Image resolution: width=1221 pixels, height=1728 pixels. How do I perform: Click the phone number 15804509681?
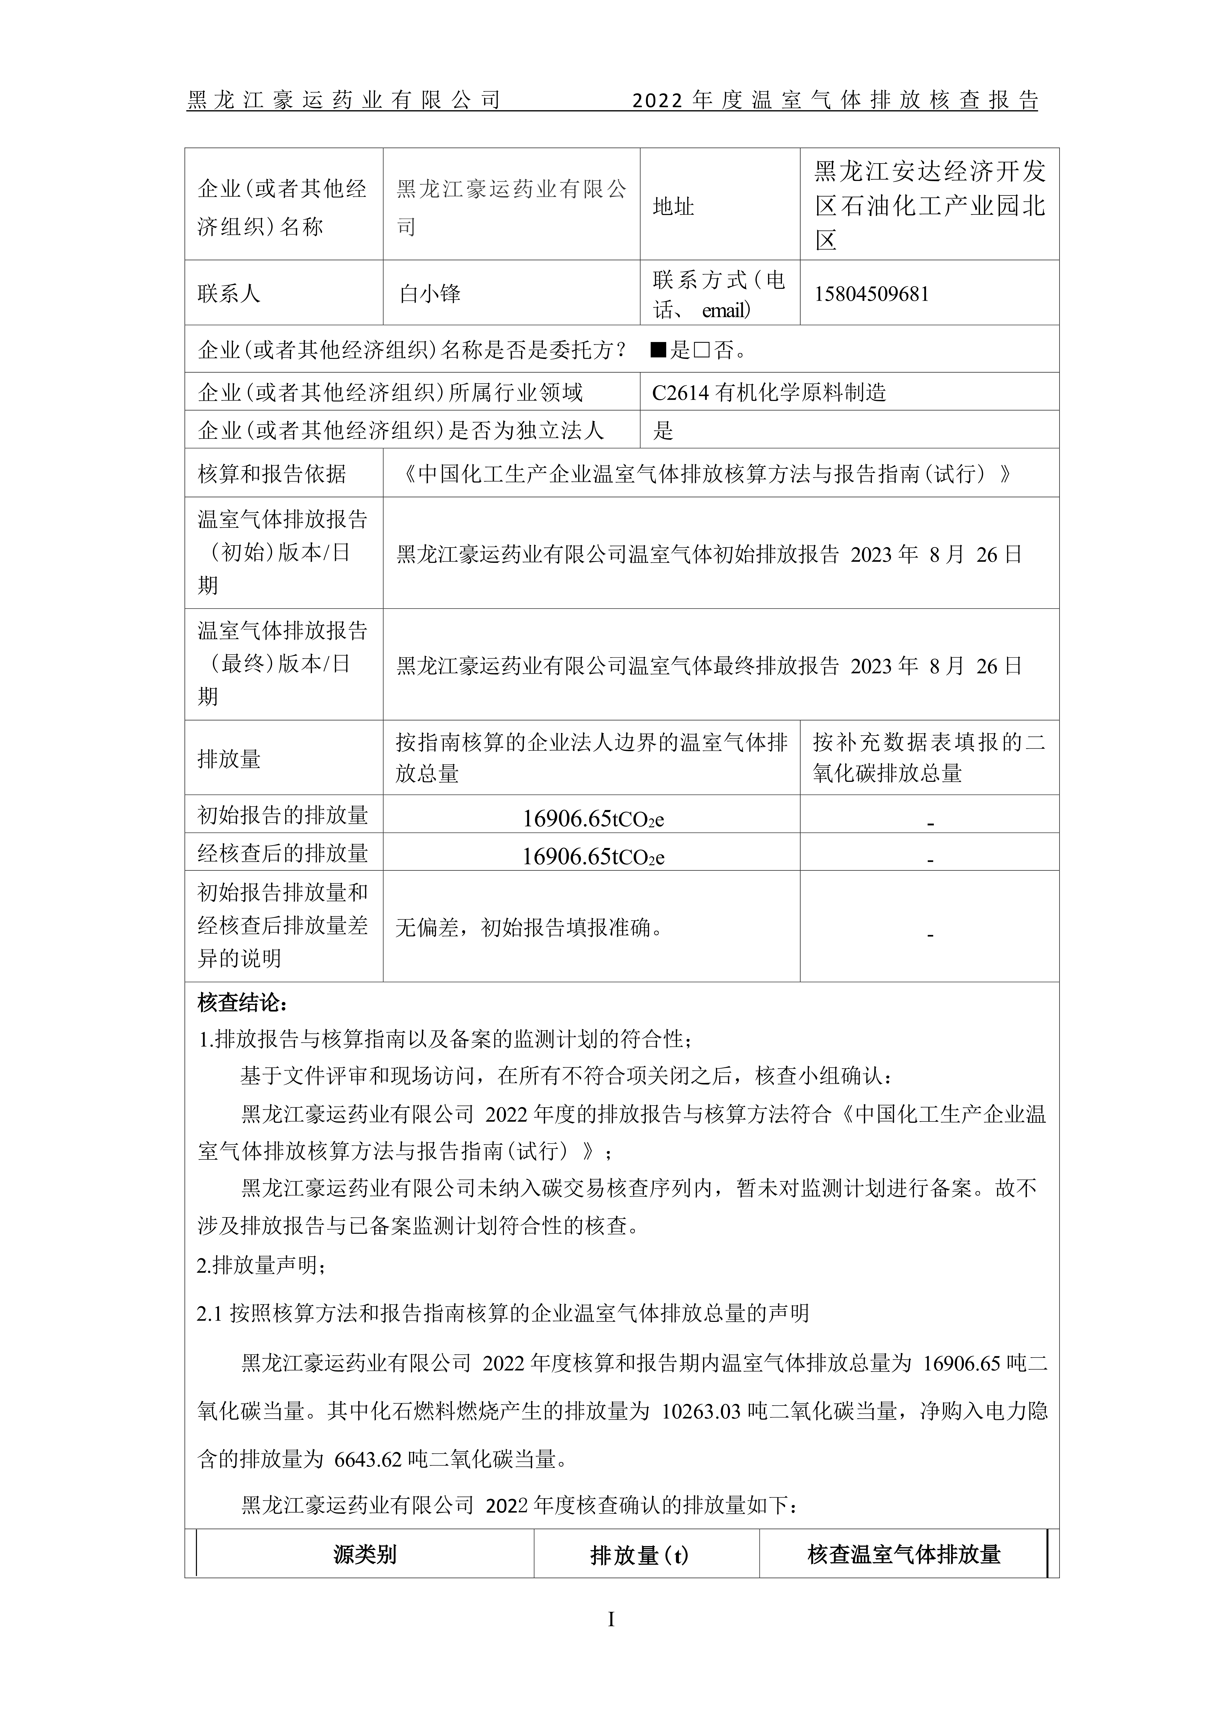[871, 294]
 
